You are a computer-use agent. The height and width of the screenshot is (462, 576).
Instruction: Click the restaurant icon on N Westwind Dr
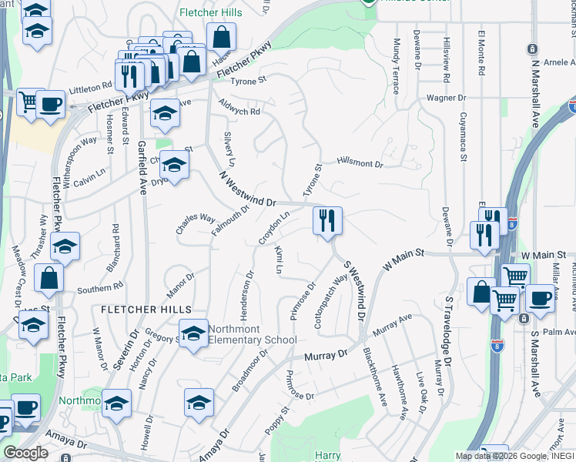tap(327, 220)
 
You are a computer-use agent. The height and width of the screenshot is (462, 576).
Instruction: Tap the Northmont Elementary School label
tap(253, 335)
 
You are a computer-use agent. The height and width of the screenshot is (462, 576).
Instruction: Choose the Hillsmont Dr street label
tap(359, 163)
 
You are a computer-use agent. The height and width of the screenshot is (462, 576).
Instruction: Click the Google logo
tap(25, 453)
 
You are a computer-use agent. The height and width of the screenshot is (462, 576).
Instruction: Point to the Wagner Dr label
tap(447, 98)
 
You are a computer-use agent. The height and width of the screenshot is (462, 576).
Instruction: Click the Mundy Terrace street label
tap(397, 65)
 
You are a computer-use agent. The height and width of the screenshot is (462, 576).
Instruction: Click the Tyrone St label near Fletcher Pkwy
tap(248, 80)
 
